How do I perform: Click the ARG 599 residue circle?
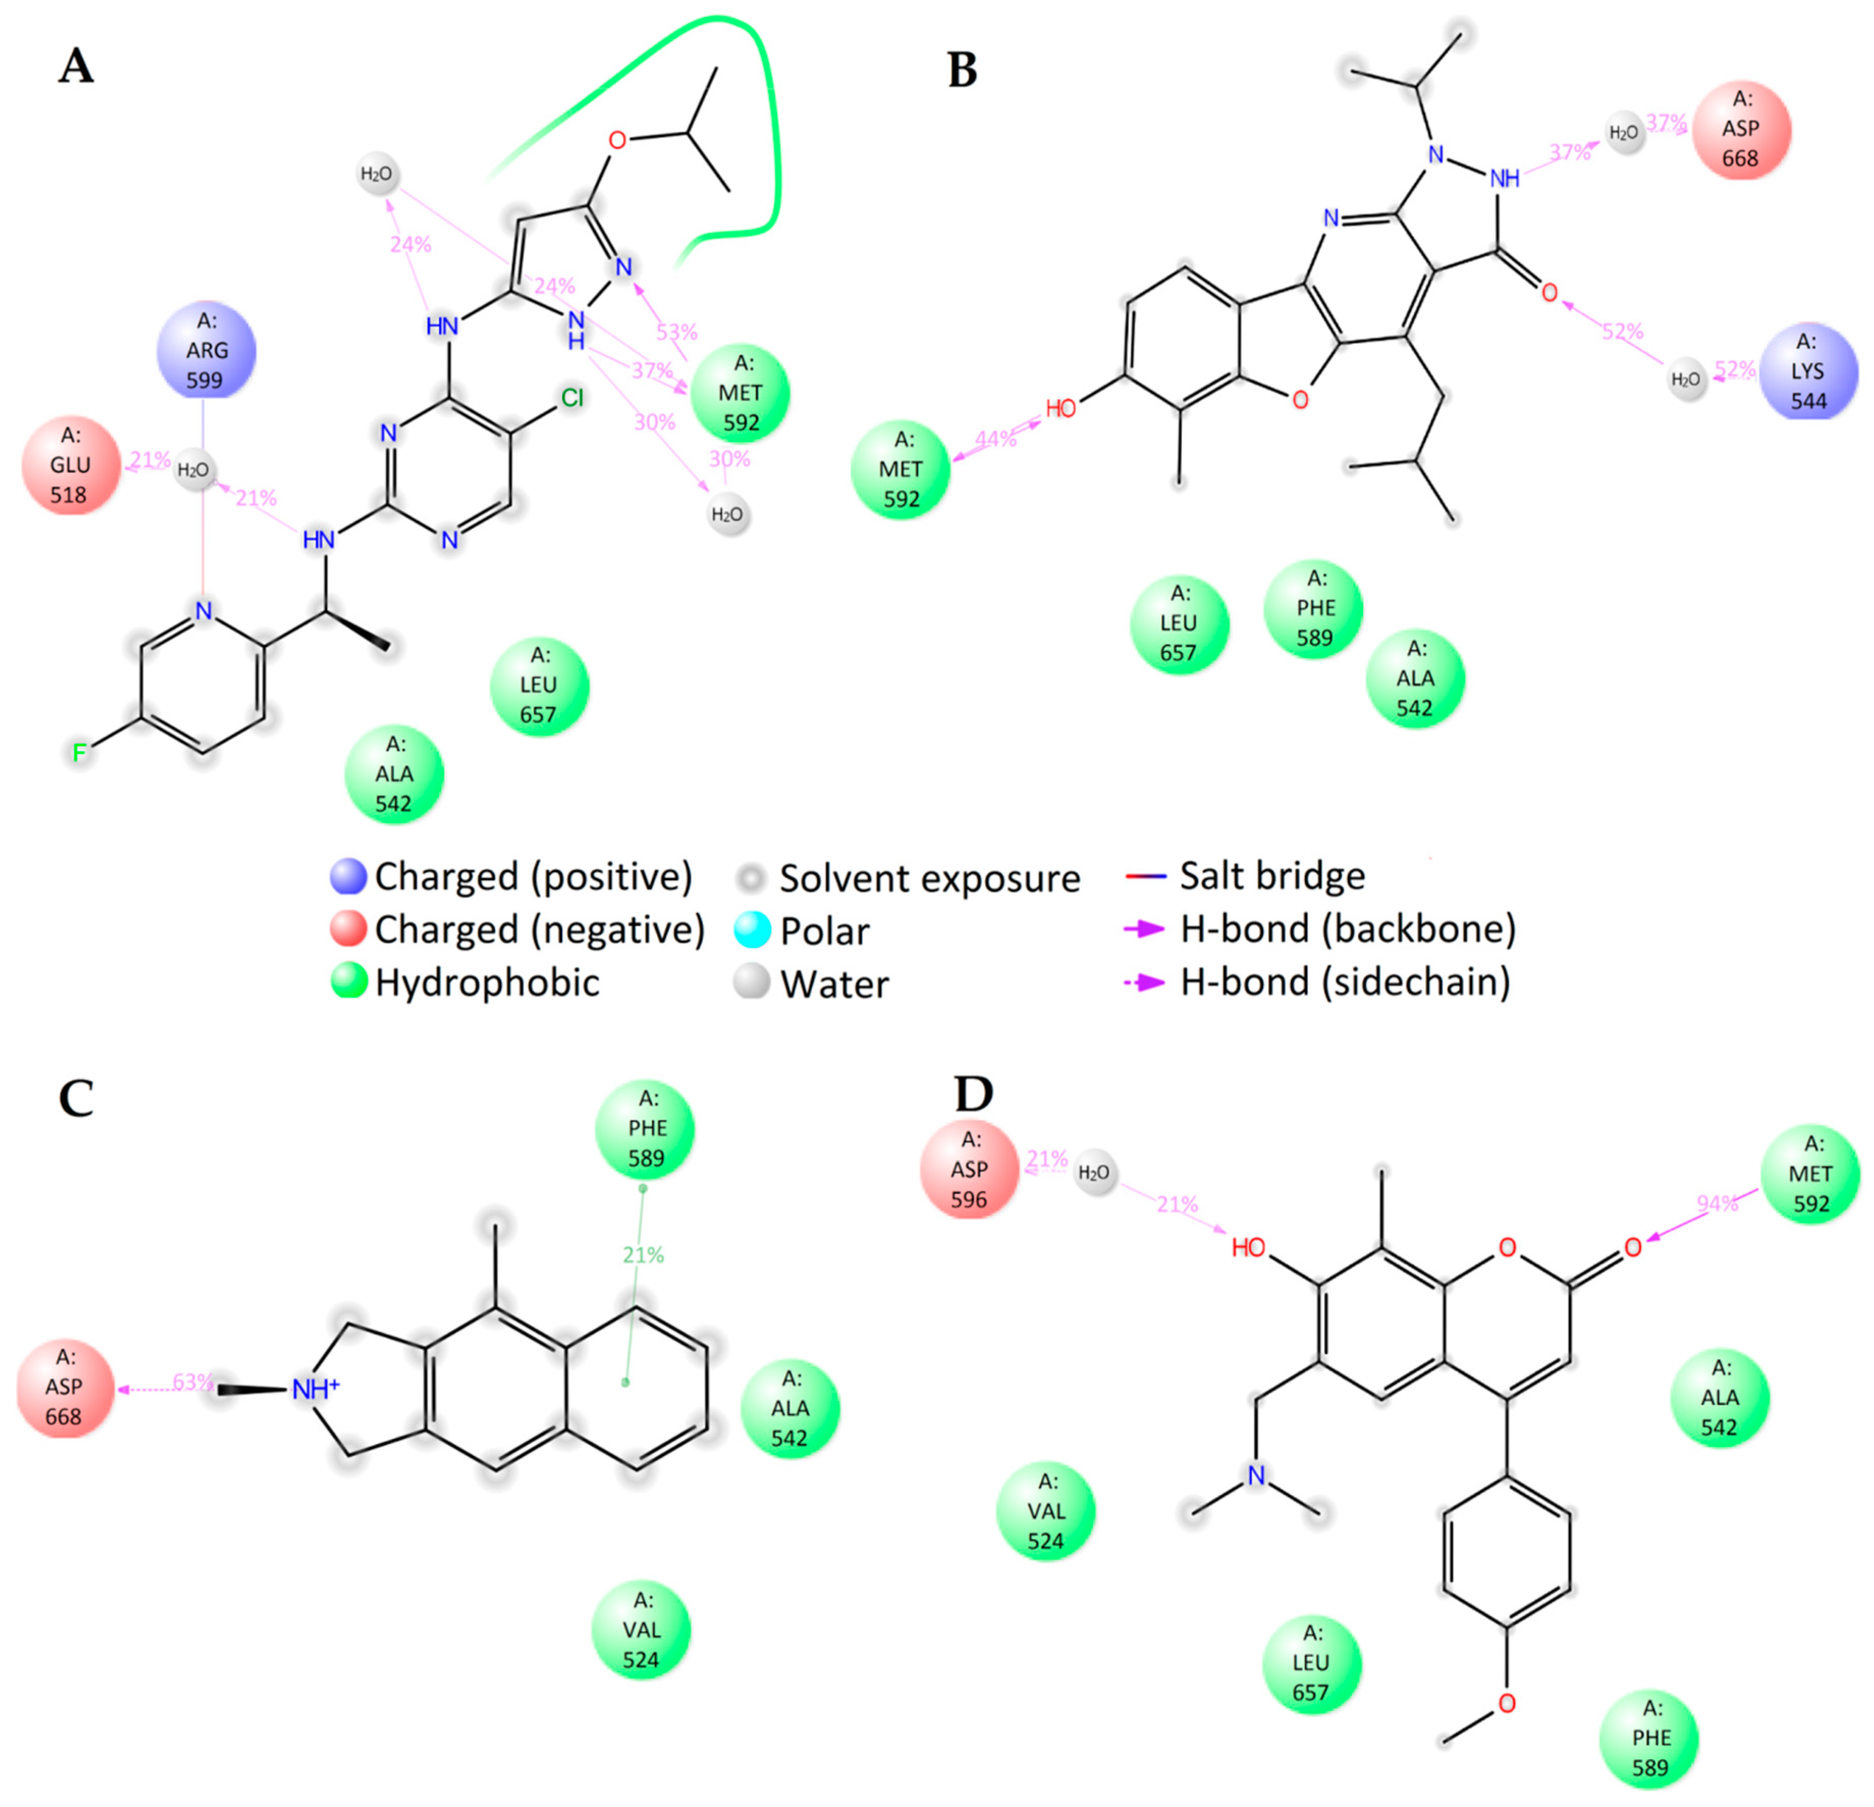[x=206, y=351]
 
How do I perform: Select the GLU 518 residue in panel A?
[x=71, y=466]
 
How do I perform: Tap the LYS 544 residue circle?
[x=1808, y=371]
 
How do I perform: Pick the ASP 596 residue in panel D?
[x=968, y=1169]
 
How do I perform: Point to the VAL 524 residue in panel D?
[x=1046, y=1511]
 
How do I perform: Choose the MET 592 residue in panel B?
[x=901, y=470]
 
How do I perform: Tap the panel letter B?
[x=962, y=70]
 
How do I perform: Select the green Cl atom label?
[x=572, y=398]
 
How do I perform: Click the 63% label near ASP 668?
[x=192, y=1383]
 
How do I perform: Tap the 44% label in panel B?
[x=995, y=439]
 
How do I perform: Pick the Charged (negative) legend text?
[x=539, y=929]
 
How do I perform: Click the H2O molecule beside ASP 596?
[x=1094, y=1172]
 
